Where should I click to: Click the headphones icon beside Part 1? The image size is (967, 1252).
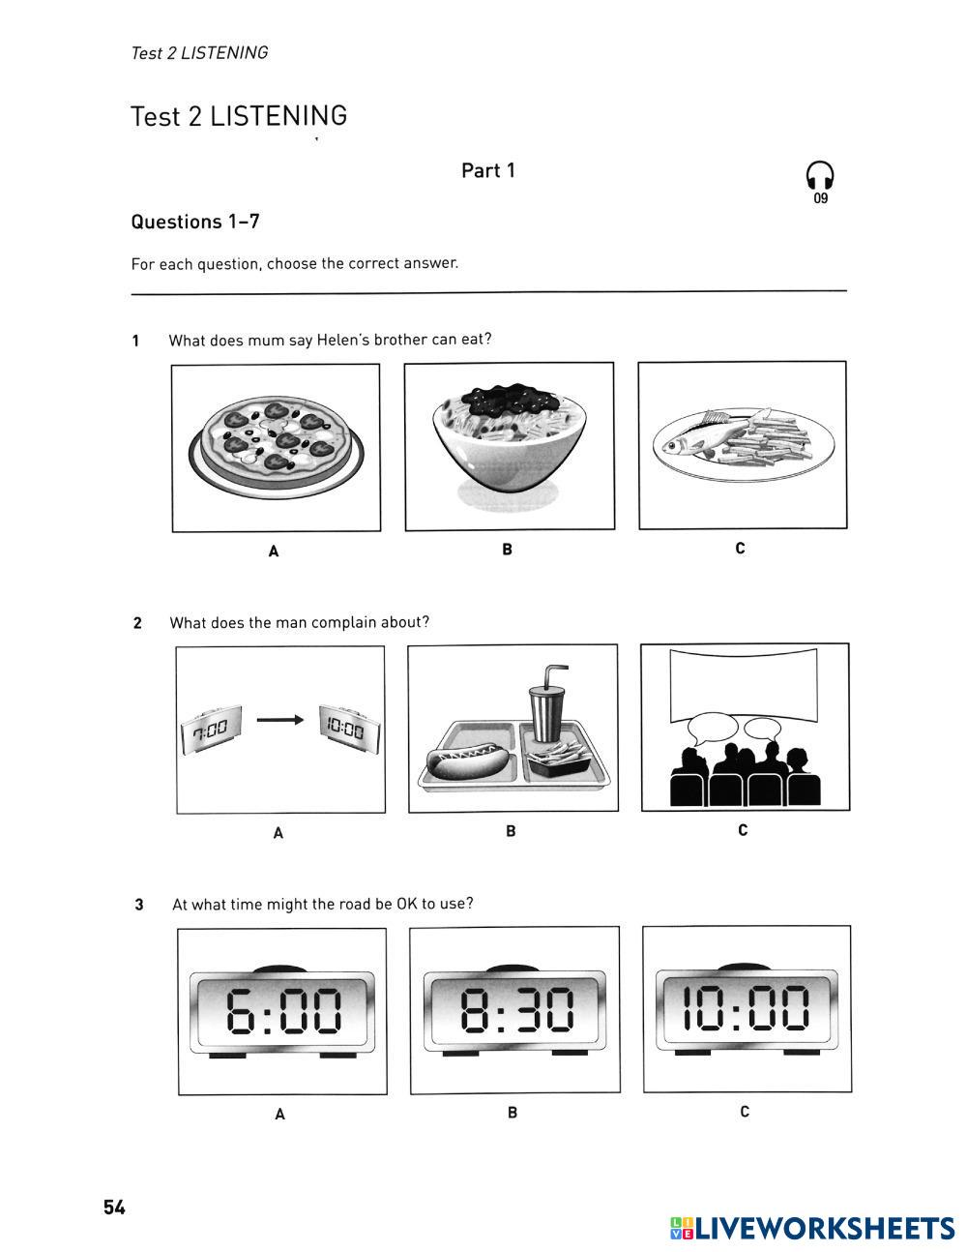click(x=820, y=177)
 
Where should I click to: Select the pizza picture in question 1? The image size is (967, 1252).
click(x=277, y=441)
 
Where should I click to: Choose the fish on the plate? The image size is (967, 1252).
click(x=703, y=438)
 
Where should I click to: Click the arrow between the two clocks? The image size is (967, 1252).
click(x=279, y=720)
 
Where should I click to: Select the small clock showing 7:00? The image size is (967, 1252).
click(x=210, y=728)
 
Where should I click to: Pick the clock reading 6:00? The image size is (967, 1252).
click(x=281, y=1010)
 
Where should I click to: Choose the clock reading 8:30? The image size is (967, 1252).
click(x=514, y=1010)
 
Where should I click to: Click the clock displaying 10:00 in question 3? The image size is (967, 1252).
click(x=747, y=1007)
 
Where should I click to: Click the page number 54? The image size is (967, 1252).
click(x=114, y=1207)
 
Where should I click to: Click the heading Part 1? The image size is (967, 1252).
click(x=488, y=170)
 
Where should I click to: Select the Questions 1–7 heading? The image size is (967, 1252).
click(x=195, y=222)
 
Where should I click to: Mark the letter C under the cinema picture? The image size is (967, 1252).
click(x=743, y=830)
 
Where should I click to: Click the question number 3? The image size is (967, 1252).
click(x=139, y=905)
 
